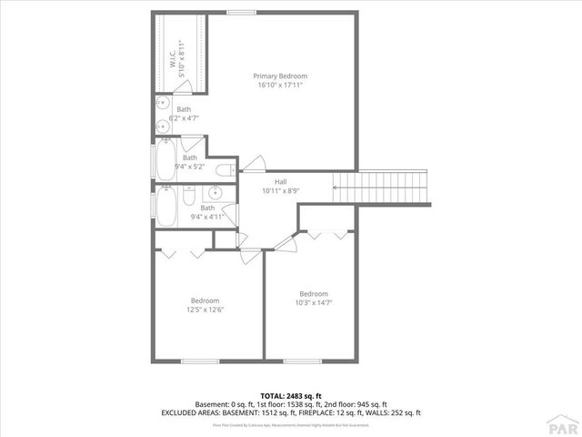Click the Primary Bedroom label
click(x=280, y=76)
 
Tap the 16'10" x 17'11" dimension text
click(x=280, y=85)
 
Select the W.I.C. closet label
click(x=173, y=57)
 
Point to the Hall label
click(x=281, y=182)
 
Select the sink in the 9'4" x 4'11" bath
click(x=215, y=192)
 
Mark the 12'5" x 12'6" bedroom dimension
click(x=205, y=310)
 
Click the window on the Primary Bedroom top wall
click(x=240, y=12)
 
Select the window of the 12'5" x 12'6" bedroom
click(x=200, y=361)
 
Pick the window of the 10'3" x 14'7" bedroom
click(x=314, y=361)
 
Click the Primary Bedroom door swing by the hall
click(x=253, y=164)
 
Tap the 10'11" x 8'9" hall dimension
click(x=281, y=191)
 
